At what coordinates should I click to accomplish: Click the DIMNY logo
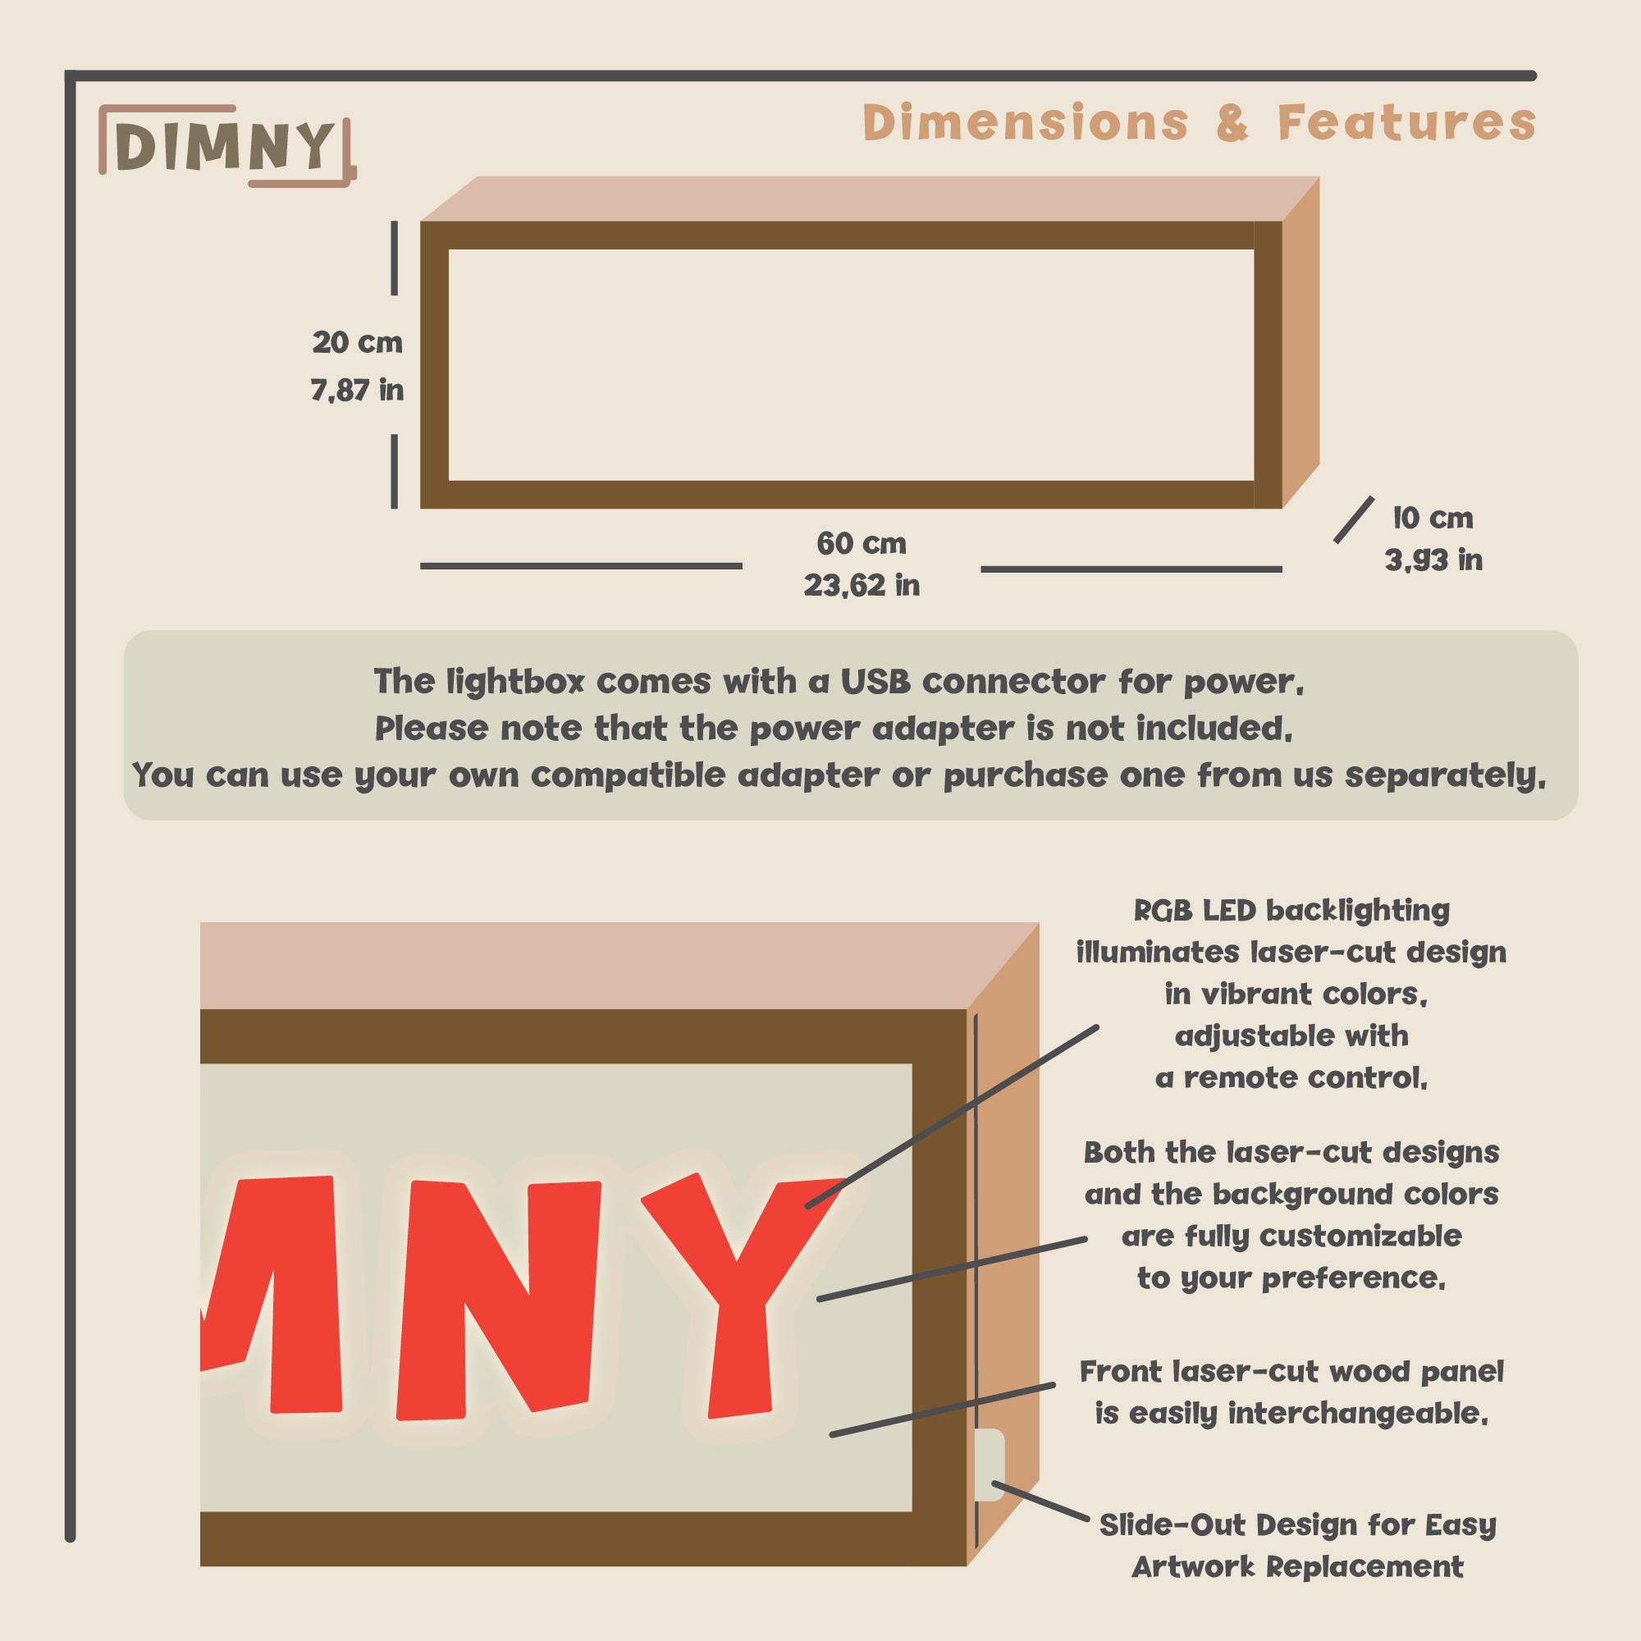(226, 145)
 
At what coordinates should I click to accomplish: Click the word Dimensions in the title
(1025, 122)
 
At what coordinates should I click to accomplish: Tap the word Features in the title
(1406, 122)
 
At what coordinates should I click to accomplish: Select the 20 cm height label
(357, 342)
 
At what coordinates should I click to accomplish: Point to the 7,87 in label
(357, 390)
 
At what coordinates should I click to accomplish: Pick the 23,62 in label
(862, 585)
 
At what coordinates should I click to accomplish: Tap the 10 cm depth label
(1433, 517)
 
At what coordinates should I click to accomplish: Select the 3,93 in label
(1433, 560)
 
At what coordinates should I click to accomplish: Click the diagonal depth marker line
(1353, 520)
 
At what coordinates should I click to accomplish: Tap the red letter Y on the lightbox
(742, 1295)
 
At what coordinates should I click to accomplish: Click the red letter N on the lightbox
(498, 1300)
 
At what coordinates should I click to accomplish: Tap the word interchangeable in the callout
(1358, 1414)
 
